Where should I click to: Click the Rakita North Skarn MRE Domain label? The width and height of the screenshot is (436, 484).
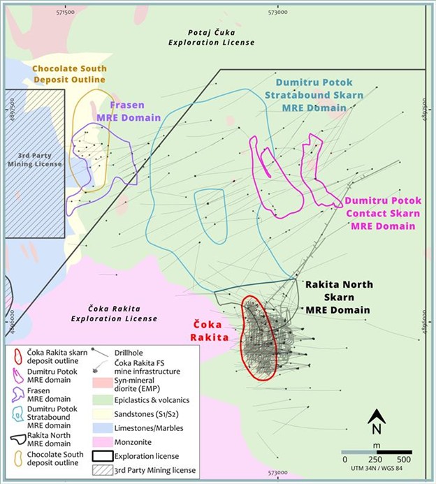(338, 296)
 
